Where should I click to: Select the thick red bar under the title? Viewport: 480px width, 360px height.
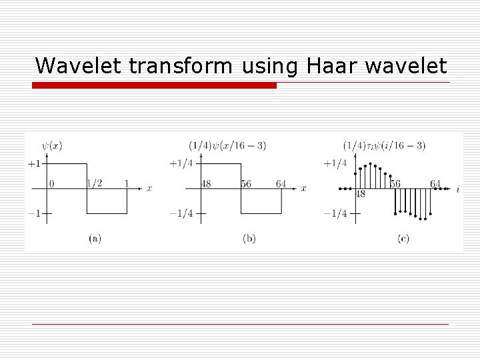(154, 85)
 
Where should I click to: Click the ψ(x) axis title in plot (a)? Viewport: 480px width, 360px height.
(51, 145)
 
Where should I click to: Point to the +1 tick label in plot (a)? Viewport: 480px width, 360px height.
(35, 163)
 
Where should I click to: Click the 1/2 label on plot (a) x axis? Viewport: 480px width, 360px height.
(95, 183)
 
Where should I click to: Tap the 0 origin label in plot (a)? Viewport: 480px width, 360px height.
(51, 183)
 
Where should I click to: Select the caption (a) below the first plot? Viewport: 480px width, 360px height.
(94, 238)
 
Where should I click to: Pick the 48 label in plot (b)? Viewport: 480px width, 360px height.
(207, 183)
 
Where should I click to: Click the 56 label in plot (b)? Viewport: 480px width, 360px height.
(245, 183)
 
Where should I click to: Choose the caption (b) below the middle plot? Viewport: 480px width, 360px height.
(249, 238)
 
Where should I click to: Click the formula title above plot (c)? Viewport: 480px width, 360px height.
(384, 145)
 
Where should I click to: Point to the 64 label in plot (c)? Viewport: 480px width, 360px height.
(435, 183)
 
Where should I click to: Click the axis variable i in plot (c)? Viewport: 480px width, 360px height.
(457, 189)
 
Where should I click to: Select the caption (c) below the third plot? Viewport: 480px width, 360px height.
(403, 238)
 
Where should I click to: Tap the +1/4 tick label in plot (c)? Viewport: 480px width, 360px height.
(335, 163)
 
